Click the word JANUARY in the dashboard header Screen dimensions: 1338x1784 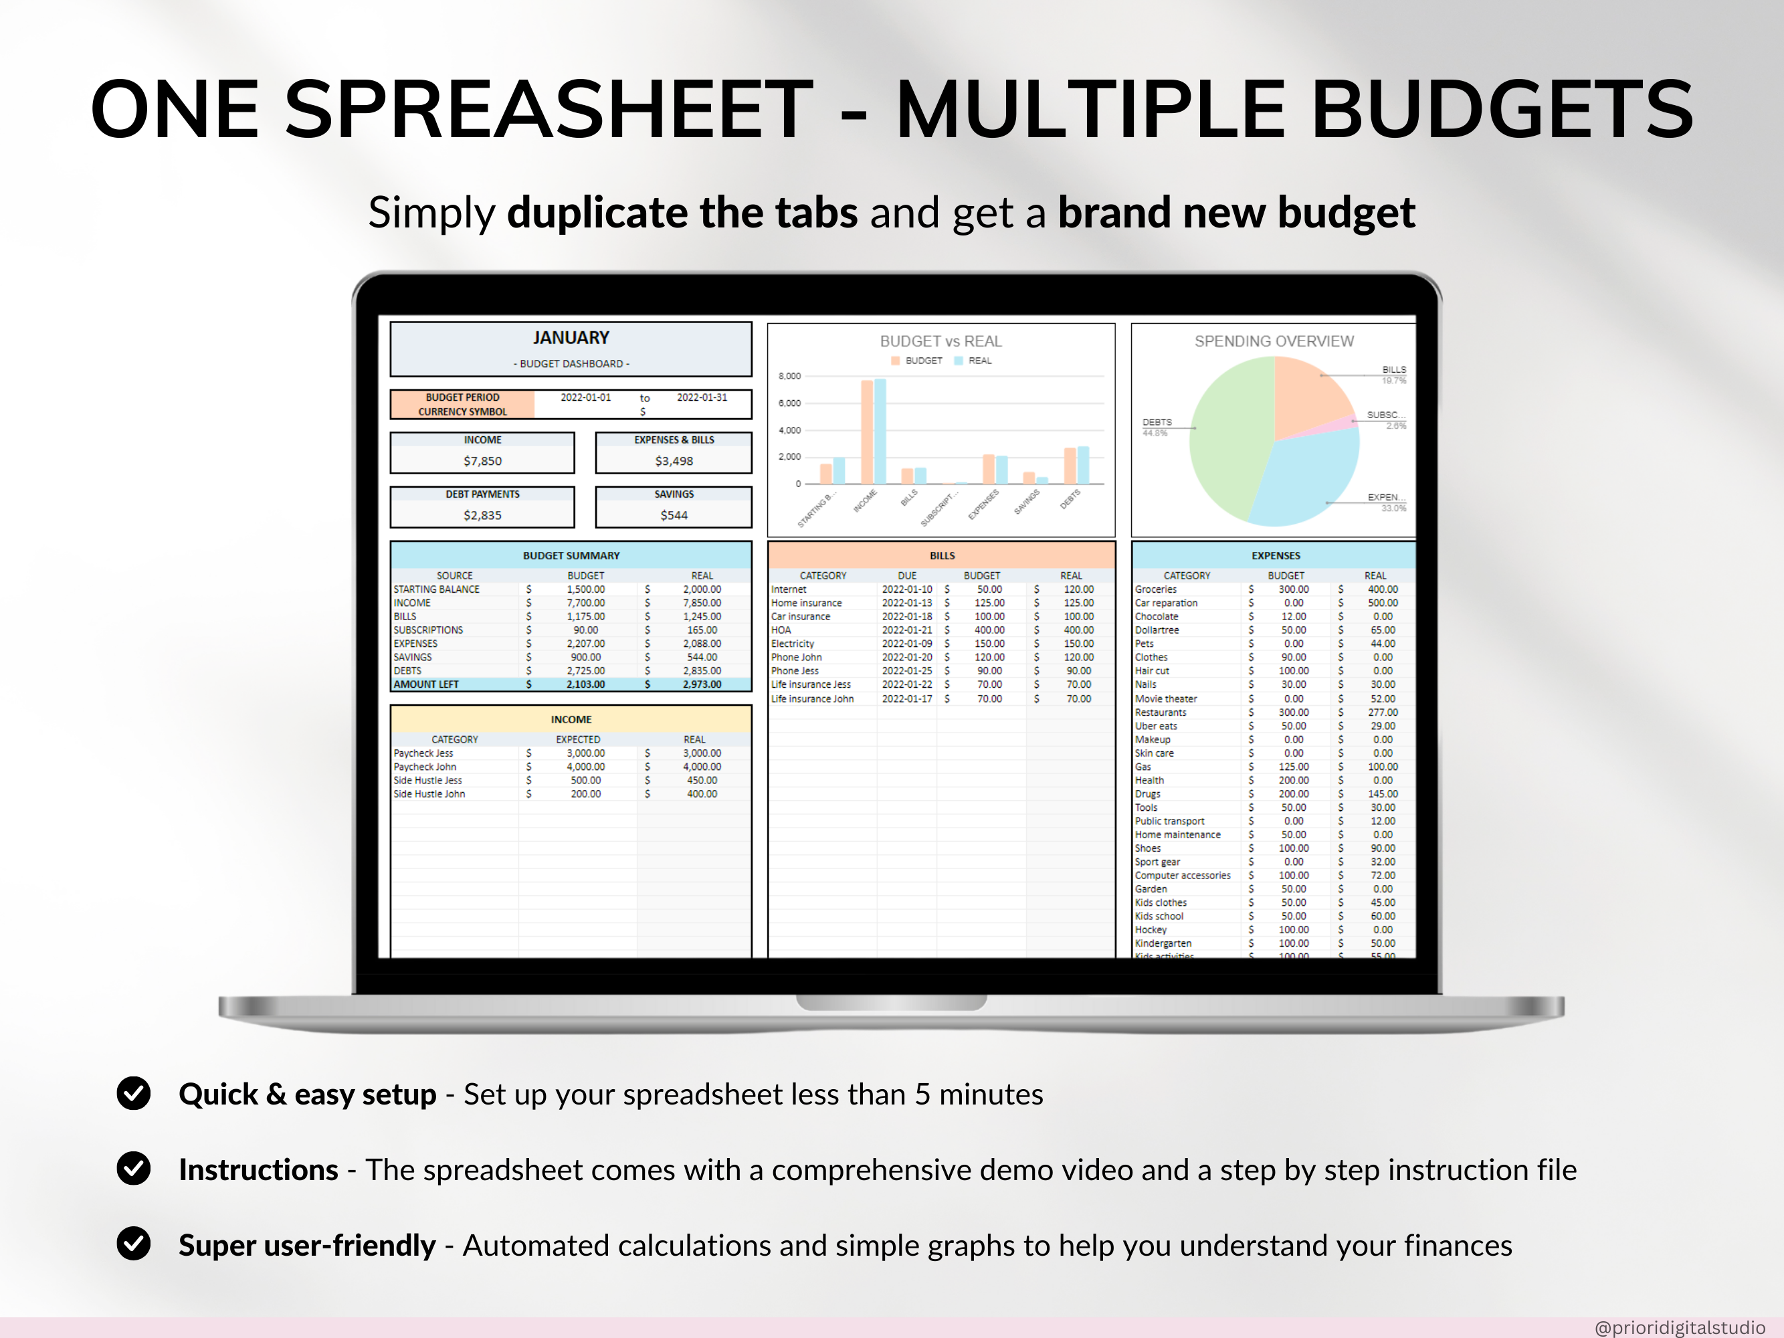[570, 338]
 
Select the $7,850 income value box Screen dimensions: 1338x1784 [482, 460]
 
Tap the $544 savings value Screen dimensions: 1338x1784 [674, 514]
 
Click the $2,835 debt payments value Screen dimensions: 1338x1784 [482, 514]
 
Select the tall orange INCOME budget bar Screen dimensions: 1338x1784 [867, 432]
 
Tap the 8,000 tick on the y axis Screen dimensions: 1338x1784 [789, 376]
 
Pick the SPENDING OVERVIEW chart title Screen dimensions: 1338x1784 [1274, 341]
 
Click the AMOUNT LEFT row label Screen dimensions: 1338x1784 [426, 684]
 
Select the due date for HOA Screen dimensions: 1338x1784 [906, 630]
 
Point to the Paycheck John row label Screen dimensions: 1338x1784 [425, 766]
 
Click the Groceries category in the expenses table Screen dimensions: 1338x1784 [1156, 589]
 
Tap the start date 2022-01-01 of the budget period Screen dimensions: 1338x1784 [585, 397]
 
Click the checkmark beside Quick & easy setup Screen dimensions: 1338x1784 [134, 1093]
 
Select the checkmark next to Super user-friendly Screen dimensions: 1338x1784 [134, 1244]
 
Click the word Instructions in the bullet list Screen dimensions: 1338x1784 [258, 1169]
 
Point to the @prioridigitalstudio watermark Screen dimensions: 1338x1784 [1679, 1327]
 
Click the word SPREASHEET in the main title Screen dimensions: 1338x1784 [549, 110]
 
